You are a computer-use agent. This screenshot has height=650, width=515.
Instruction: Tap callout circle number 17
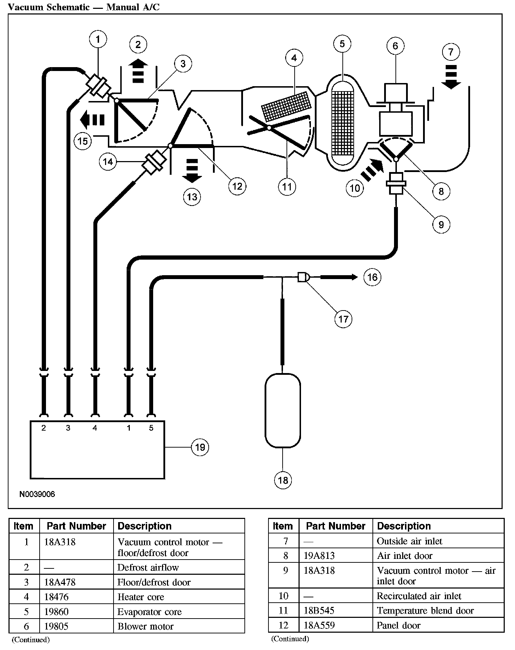(343, 319)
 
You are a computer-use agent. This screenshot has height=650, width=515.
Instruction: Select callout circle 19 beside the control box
(200, 447)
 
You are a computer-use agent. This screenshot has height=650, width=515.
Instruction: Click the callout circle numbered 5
(342, 44)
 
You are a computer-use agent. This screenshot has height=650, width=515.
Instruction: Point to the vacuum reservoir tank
(283, 411)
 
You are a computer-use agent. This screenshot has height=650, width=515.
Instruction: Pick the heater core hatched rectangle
(287, 105)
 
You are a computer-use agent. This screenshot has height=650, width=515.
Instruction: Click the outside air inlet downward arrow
(451, 76)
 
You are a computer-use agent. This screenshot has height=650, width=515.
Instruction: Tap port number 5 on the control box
(151, 428)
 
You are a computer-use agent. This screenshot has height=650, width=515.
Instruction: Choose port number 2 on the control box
(44, 428)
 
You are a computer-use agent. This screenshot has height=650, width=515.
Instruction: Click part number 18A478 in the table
(60, 582)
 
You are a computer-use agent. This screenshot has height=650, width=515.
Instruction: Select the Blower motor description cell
(146, 626)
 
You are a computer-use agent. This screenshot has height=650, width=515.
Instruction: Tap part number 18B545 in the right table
(319, 610)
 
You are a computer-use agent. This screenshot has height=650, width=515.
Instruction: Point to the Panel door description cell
(399, 625)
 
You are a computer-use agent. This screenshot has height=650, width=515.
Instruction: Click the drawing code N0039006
(37, 494)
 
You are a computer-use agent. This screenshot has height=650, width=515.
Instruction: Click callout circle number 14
(108, 161)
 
